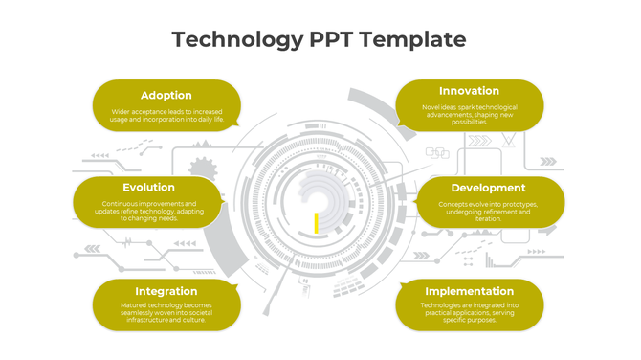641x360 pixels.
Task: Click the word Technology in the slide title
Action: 237,39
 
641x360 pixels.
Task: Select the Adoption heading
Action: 166,95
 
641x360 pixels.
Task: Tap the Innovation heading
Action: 469,91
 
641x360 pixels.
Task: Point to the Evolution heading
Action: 148,188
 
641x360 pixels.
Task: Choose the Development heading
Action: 488,188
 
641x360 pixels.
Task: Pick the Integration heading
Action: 166,291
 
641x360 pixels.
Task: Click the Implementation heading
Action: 469,291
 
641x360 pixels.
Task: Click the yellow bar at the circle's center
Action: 316,222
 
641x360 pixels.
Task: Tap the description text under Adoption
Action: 166,116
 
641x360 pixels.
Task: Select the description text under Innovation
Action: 469,114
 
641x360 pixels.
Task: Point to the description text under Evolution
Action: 148,211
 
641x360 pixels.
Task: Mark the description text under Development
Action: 488,211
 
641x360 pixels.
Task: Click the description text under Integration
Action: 166,312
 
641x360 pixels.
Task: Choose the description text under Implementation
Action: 469,312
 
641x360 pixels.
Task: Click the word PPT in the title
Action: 332,39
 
